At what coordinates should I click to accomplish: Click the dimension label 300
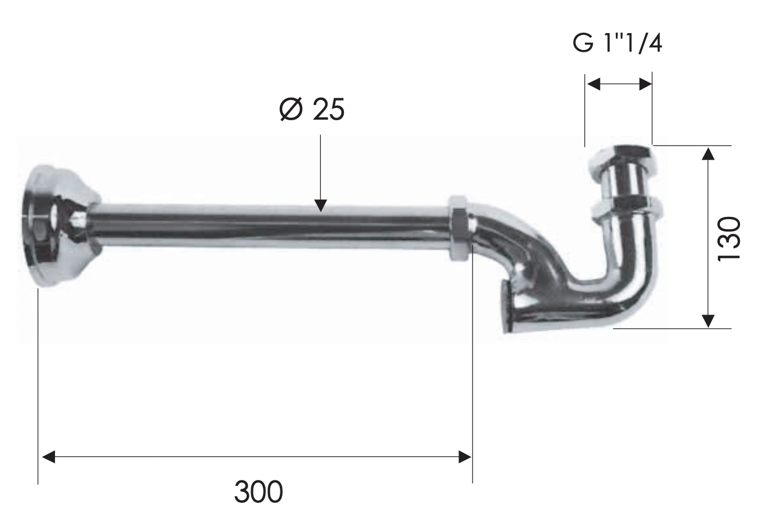(x=258, y=492)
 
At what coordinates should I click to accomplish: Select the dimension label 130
(x=730, y=237)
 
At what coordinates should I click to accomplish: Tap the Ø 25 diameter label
(x=312, y=109)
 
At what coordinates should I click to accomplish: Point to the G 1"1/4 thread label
(x=617, y=43)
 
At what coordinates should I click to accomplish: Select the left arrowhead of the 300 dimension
(x=49, y=456)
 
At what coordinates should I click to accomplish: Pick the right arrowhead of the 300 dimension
(x=465, y=456)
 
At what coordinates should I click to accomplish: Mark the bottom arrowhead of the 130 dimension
(x=709, y=320)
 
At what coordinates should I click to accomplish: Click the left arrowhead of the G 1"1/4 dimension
(x=593, y=84)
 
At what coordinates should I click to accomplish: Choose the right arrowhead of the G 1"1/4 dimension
(x=645, y=84)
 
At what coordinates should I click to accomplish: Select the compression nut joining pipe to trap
(x=459, y=228)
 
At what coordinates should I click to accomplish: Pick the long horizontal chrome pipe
(x=270, y=228)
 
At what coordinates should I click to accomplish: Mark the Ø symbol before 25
(x=291, y=109)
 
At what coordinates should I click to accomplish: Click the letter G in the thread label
(x=583, y=43)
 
